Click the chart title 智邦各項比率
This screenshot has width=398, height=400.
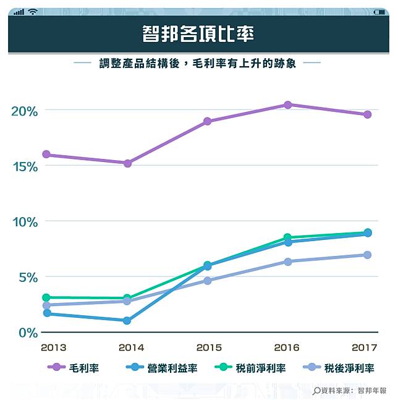coord(198,33)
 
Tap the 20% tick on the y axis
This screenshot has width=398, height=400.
coord(25,111)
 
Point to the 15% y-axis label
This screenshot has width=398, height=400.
coord(25,166)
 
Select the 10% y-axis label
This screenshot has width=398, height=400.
coord(25,221)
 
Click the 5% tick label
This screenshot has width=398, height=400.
coord(27,277)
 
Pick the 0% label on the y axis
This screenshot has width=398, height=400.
coord(27,332)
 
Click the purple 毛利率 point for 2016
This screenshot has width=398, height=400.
coord(287,105)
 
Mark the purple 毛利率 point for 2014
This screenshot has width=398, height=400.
coord(127,163)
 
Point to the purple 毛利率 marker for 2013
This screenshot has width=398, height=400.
coord(46,155)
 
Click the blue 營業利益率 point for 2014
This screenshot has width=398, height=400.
coord(127,320)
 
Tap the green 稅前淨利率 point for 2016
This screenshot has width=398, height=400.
coord(287,237)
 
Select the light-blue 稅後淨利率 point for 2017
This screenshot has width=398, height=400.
coord(367,255)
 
